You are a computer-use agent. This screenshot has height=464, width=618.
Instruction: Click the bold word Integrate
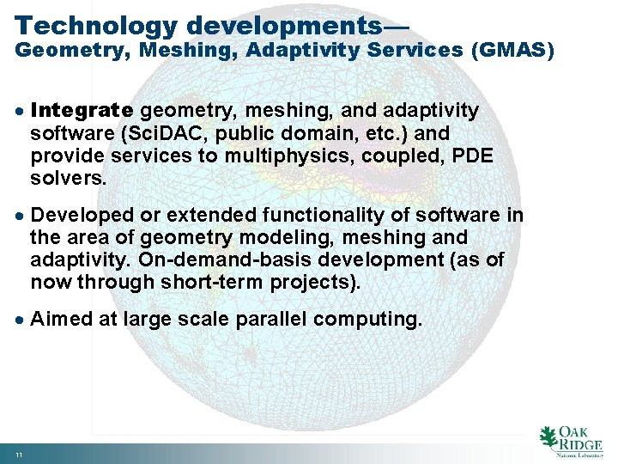point(82,111)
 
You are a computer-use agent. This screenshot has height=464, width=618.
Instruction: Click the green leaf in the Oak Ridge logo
point(547,437)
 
